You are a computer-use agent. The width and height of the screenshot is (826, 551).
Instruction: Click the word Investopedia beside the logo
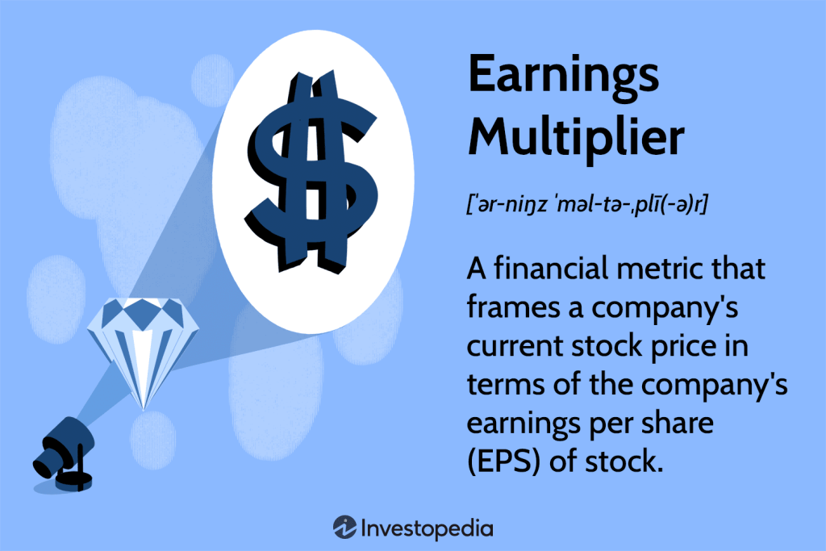(x=428, y=528)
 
